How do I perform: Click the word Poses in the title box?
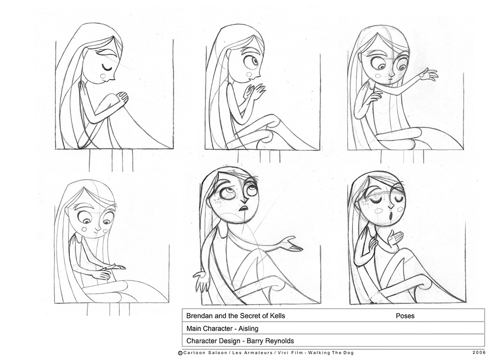pos(405,316)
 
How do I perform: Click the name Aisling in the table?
pos(246,328)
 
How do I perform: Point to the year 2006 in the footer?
pos(479,353)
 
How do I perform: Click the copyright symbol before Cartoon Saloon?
pos(180,353)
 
